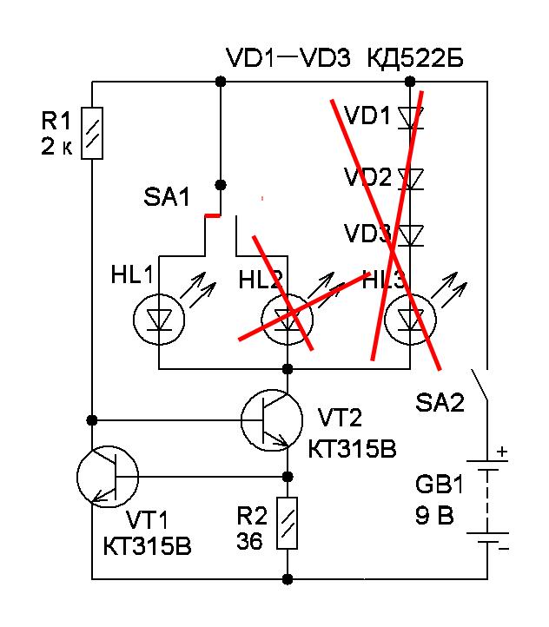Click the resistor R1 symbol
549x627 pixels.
click(x=93, y=134)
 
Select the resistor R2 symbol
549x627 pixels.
click(x=288, y=523)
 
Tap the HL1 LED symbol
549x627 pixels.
click(x=159, y=319)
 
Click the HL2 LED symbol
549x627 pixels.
click(x=288, y=319)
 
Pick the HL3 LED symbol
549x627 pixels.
click(x=410, y=319)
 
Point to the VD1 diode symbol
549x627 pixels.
click(x=410, y=115)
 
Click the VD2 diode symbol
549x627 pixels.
click(x=410, y=179)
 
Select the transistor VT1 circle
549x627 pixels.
click(x=107, y=476)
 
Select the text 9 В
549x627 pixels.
click(x=433, y=516)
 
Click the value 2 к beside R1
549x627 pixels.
click(x=57, y=148)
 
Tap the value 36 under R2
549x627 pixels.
click(x=250, y=541)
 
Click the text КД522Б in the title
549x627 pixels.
click(x=415, y=59)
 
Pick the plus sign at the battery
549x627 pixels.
click(x=501, y=452)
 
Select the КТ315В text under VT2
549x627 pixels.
click(x=351, y=449)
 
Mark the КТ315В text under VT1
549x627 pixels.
click(x=146, y=547)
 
